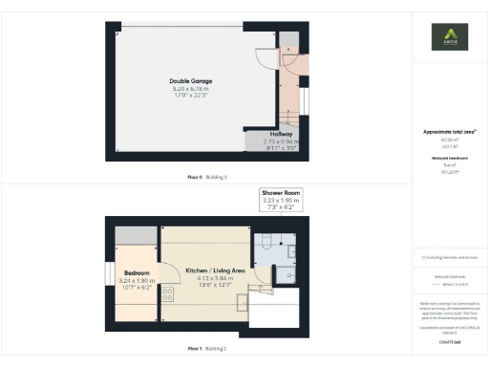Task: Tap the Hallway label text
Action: click(279, 135)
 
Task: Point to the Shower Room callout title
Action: click(282, 192)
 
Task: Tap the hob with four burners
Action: click(166, 293)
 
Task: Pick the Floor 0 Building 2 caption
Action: click(207, 178)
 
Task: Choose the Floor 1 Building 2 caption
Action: click(207, 349)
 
